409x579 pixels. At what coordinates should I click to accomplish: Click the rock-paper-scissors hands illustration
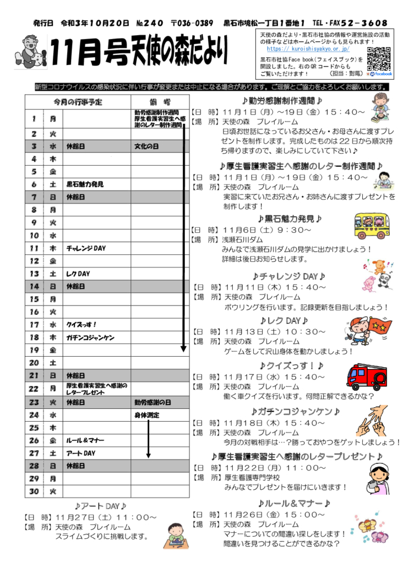click(x=374, y=421)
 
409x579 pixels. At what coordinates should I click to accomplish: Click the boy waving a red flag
click(x=368, y=332)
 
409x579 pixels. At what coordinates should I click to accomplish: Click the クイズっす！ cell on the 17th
click(x=82, y=325)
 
